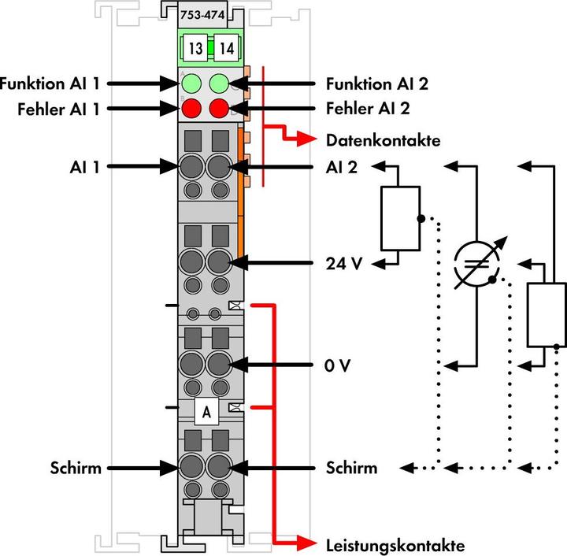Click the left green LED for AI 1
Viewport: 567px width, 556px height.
tap(190, 83)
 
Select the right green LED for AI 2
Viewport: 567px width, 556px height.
tap(220, 83)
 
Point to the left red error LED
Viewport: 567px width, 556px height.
tap(190, 109)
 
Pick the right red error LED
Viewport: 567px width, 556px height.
tap(220, 109)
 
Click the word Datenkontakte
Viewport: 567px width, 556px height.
tap(382, 141)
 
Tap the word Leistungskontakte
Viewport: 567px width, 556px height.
tap(395, 544)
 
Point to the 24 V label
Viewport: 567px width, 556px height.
tap(343, 264)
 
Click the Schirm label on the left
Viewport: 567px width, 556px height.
tap(76, 468)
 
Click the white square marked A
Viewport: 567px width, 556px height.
tap(206, 411)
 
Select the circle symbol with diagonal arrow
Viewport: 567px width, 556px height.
tap(477, 262)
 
